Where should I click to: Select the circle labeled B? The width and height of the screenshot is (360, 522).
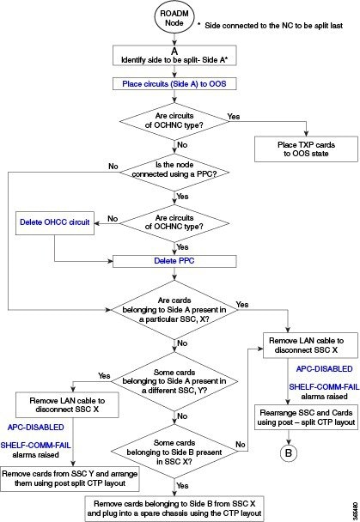click(x=289, y=452)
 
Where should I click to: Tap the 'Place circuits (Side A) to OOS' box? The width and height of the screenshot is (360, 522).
click(x=174, y=84)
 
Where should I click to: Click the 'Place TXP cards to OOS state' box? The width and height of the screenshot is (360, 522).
click(x=306, y=149)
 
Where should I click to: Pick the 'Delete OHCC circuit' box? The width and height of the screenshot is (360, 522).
click(x=55, y=222)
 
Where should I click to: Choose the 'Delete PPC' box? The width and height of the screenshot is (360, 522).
click(x=174, y=261)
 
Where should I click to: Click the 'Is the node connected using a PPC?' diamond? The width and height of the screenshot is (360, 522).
click(x=174, y=173)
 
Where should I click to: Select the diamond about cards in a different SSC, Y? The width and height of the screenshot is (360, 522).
click(x=174, y=381)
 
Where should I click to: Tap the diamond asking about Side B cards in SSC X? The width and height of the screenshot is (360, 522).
click(x=174, y=452)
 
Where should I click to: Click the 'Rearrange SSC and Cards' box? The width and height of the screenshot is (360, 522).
click(x=306, y=417)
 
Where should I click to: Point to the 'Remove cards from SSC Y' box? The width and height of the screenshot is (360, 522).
click(x=70, y=478)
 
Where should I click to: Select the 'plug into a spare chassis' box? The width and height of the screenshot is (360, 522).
click(x=174, y=508)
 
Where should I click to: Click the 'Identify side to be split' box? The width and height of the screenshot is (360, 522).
click(x=174, y=56)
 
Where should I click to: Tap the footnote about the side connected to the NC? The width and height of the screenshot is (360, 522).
click(x=270, y=26)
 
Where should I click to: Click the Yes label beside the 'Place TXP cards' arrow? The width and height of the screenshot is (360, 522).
click(x=234, y=117)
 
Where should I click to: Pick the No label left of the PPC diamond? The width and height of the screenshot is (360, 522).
click(x=113, y=166)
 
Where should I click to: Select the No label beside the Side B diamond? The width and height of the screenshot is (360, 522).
click(x=241, y=445)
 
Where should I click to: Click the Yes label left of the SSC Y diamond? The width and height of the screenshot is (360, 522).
click(x=104, y=376)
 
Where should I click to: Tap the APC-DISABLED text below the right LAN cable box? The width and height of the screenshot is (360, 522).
click(x=324, y=369)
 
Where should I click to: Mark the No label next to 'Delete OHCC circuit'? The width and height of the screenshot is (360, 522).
click(x=113, y=219)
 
